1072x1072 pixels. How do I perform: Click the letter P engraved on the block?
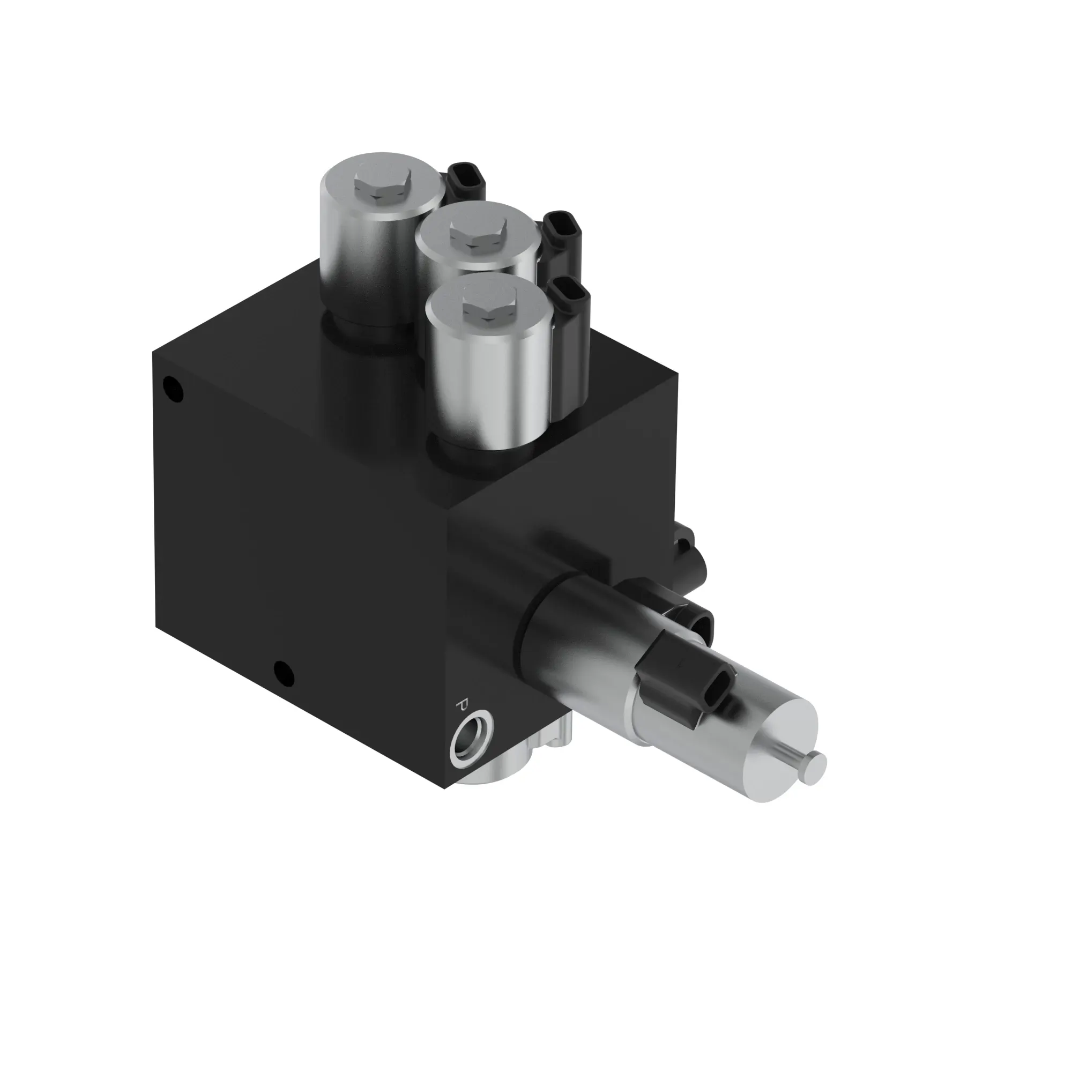[461, 705]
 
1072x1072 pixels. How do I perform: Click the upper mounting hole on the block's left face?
[172, 388]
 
